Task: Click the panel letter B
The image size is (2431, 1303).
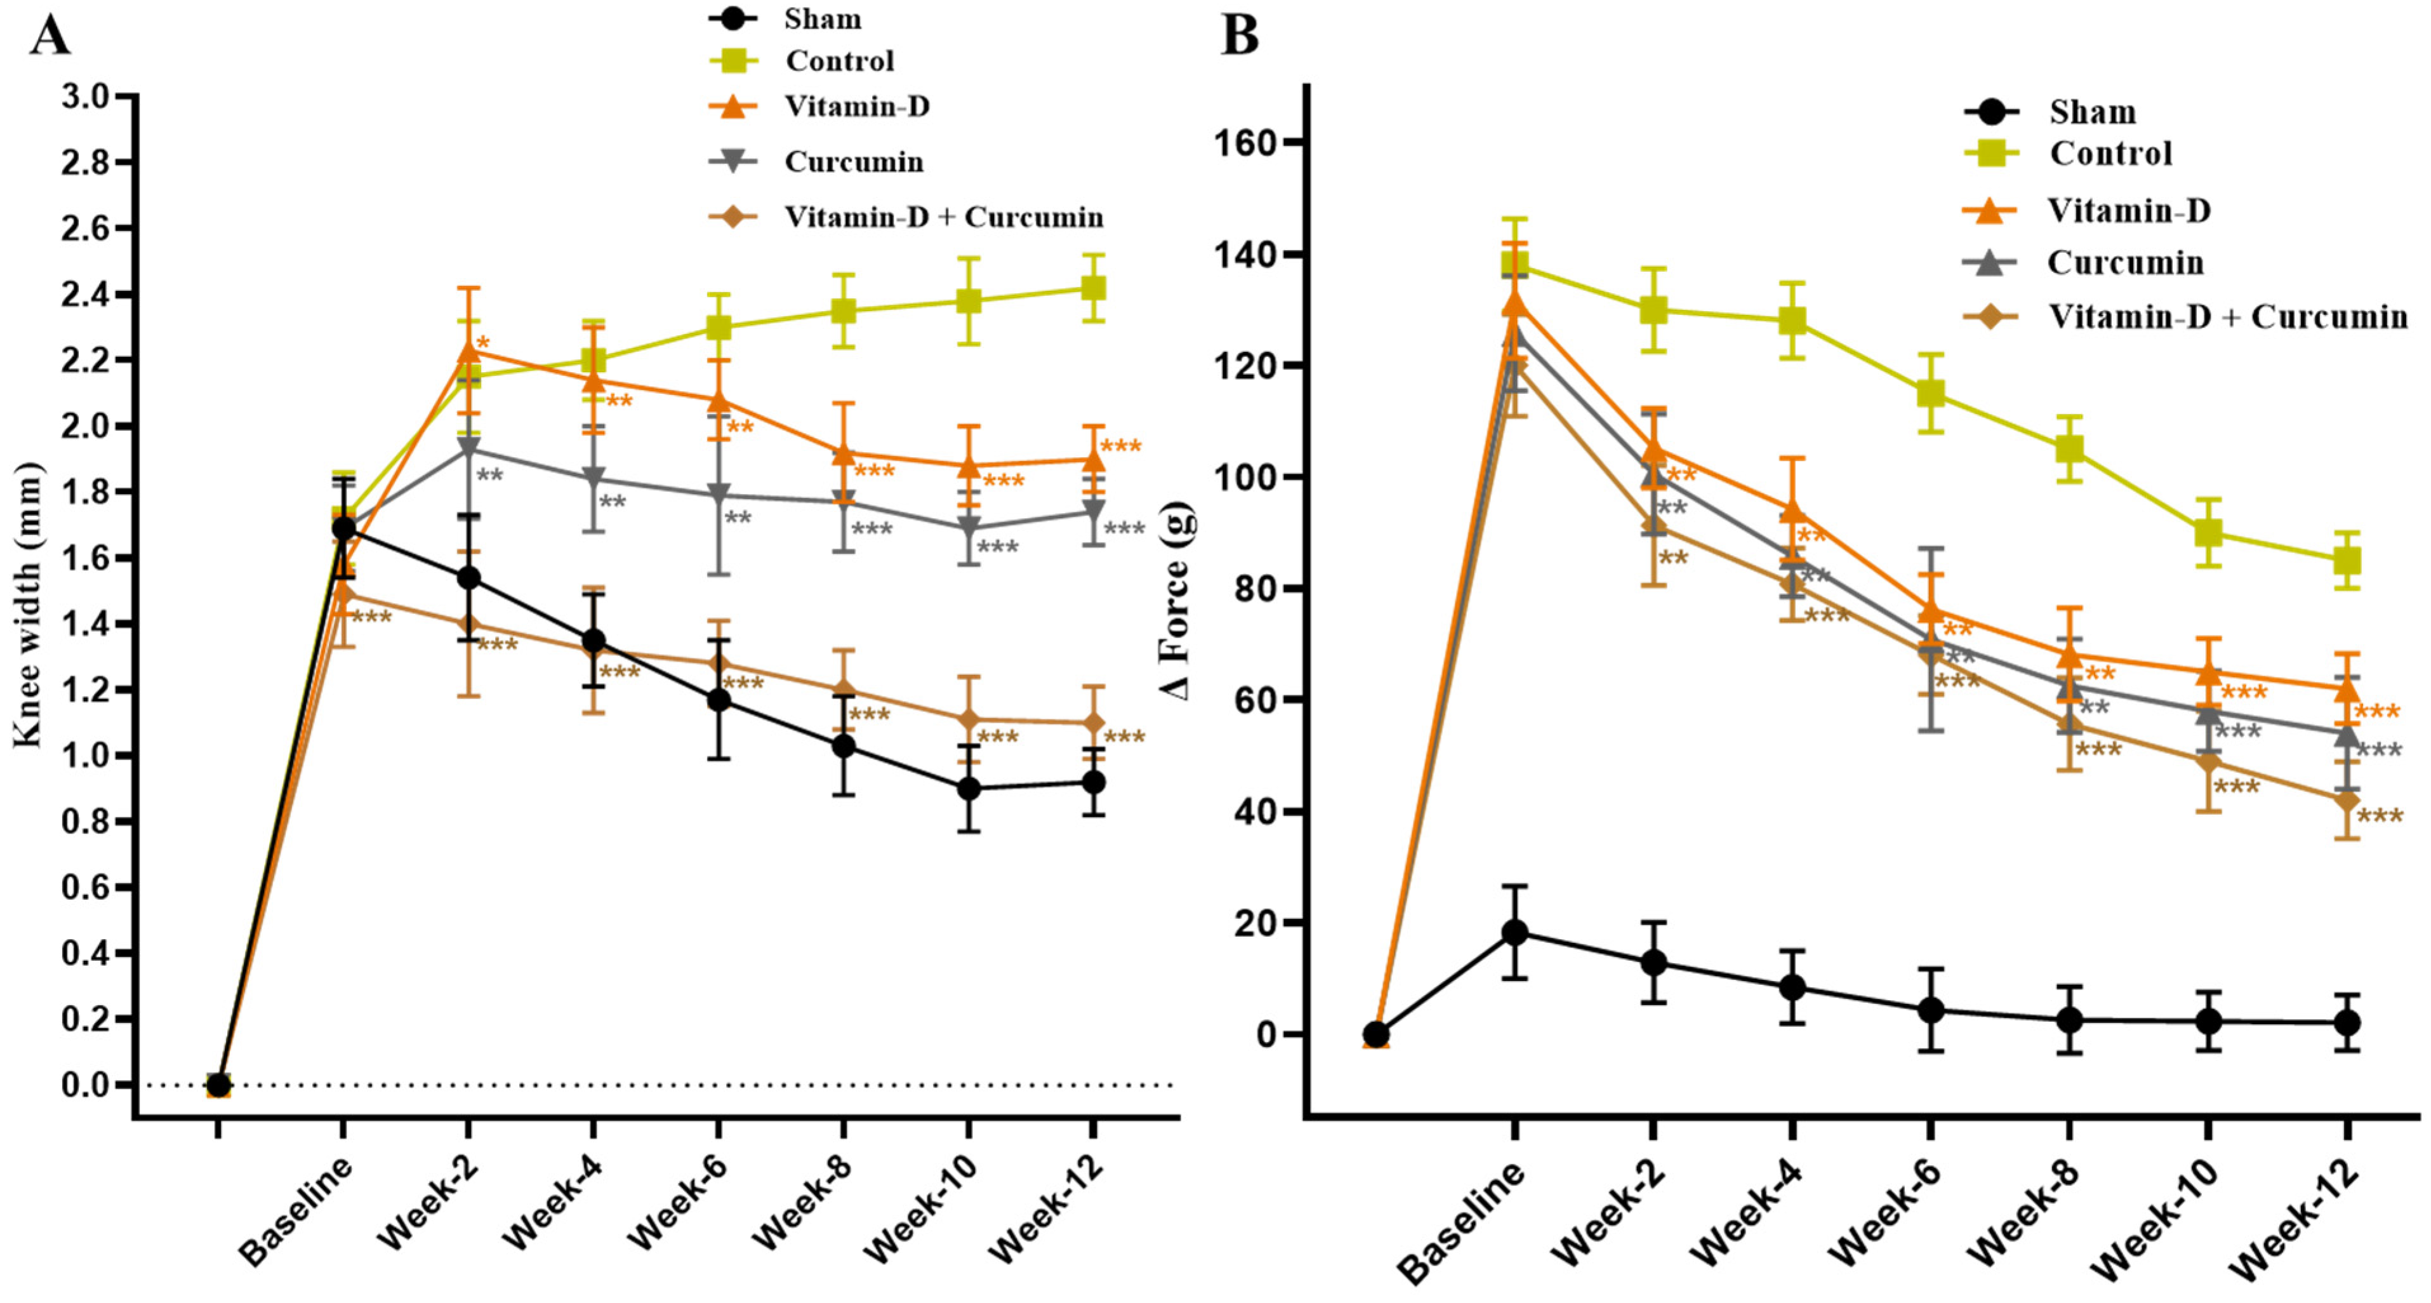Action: [1240, 36]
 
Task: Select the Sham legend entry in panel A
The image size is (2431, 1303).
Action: [821, 19]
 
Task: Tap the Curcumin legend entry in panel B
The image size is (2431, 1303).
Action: [2124, 262]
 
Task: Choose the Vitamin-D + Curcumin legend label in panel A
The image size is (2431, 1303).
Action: [944, 217]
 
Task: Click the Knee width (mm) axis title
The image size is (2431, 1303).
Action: [29, 605]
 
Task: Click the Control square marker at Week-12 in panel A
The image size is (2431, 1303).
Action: [1093, 288]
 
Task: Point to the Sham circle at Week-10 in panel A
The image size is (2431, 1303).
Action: [968, 789]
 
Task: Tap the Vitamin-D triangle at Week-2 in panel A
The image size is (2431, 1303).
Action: [468, 351]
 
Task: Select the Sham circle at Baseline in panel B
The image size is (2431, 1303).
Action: [1514, 933]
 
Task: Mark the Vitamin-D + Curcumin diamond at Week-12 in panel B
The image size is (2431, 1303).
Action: [2347, 801]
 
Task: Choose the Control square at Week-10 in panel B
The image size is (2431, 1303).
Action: [2208, 533]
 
